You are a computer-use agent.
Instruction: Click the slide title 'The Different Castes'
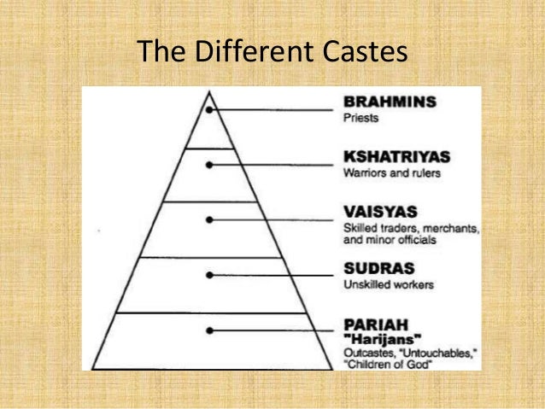pos(272,53)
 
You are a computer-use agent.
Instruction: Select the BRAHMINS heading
pos(389,102)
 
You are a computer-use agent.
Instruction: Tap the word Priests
pos(361,118)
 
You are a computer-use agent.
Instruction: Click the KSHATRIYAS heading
pos(396,157)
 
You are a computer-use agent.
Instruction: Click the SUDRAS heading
pos(376,268)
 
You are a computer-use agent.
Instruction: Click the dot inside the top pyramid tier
pos(209,109)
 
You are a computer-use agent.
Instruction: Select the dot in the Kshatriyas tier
pos(209,165)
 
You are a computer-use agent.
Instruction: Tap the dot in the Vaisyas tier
pos(209,219)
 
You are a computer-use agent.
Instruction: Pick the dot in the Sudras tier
pos(209,275)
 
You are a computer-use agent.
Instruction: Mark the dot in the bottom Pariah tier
pos(209,330)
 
